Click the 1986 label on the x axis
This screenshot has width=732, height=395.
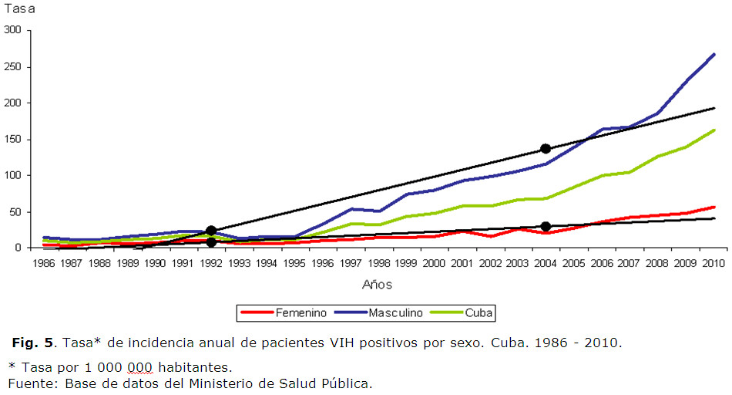(x=43, y=263)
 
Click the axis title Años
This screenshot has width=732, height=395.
(x=378, y=285)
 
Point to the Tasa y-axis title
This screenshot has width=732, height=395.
(x=21, y=8)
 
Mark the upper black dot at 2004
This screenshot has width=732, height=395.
(x=545, y=149)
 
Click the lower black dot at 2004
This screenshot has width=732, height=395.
(x=545, y=227)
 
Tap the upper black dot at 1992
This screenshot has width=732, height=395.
(x=210, y=231)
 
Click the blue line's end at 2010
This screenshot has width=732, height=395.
(x=714, y=54)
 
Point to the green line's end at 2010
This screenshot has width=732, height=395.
(x=714, y=130)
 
